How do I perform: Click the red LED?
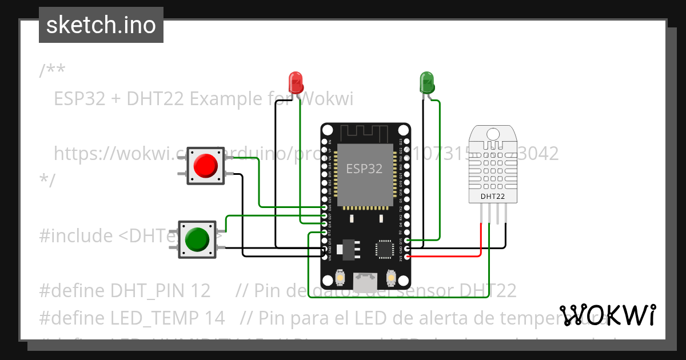pos(296,82)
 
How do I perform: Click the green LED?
pos(426,82)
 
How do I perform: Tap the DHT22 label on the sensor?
pos(492,197)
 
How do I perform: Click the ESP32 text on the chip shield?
pos(364,169)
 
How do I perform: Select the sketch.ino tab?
pos(101,25)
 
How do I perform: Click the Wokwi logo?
pos(608,315)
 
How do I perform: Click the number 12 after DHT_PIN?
pos(201,291)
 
